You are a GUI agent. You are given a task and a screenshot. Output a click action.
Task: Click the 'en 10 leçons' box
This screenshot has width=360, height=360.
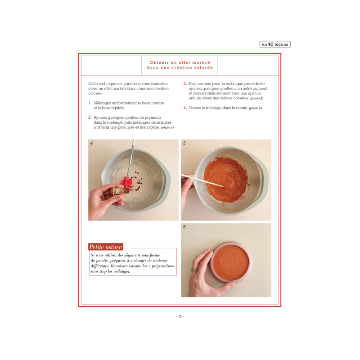[x=275, y=44]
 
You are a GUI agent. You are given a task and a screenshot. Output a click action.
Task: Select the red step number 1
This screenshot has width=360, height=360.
[x=90, y=103]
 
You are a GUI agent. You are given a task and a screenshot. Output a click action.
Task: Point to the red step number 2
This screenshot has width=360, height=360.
[x=90, y=117]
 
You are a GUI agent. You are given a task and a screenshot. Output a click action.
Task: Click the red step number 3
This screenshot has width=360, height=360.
[x=185, y=84]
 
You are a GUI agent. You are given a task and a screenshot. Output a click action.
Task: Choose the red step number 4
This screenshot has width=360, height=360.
[x=185, y=108]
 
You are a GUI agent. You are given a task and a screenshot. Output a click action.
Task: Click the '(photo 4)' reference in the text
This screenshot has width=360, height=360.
[x=167, y=128]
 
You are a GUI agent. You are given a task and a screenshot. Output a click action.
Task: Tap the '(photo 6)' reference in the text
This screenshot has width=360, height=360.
[x=255, y=108]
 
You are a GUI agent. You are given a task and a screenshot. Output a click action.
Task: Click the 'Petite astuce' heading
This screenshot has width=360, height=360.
[x=106, y=247]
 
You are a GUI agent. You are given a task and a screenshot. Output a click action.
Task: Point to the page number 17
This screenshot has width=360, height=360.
[x=180, y=316]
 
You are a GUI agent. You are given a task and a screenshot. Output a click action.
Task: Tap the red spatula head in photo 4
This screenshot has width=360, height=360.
[x=126, y=183]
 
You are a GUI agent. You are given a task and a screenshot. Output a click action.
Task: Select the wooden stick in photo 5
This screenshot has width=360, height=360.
[x=202, y=180]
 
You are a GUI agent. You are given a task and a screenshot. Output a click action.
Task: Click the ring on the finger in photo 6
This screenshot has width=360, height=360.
[x=194, y=269]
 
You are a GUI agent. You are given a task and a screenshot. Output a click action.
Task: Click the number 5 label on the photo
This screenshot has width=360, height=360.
[x=184, y=143]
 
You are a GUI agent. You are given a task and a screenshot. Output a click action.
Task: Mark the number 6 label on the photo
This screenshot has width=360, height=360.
[x=184, y=227]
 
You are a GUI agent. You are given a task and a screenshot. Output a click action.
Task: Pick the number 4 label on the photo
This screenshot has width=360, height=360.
[x=91, y=143]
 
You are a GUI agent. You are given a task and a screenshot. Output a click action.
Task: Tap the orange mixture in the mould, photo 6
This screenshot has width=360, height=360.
[x=231, y=262]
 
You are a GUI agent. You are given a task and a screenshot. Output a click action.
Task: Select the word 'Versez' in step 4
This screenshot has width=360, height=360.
[x=195, y=108]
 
